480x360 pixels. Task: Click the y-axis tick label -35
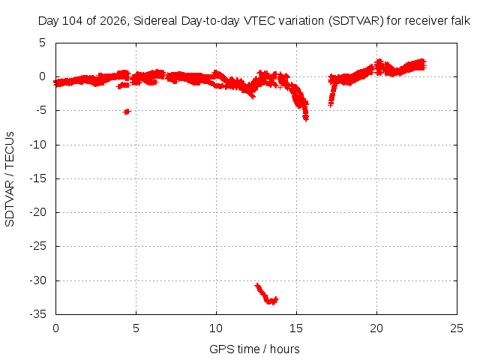point(38,314)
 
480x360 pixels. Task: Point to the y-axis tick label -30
point(38,280)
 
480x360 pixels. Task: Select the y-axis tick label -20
point(38,212)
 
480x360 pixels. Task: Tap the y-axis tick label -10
point(38,145)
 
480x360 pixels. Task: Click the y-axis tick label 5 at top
point(42,43)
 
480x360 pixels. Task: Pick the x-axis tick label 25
point(457,328)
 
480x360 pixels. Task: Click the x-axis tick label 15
point(296,328)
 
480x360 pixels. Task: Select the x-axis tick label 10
point(216,328)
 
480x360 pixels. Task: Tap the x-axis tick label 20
point(376,328)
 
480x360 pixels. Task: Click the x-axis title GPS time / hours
point(254,349)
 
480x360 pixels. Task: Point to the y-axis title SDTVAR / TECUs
point(10,179)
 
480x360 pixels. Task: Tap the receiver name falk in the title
point(460,21)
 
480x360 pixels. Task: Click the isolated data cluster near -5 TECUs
point(127,112)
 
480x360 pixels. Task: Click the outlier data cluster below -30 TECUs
point(266,294)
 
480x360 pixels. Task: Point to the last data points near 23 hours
point(421,64)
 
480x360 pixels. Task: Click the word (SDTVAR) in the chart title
point(356,21)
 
